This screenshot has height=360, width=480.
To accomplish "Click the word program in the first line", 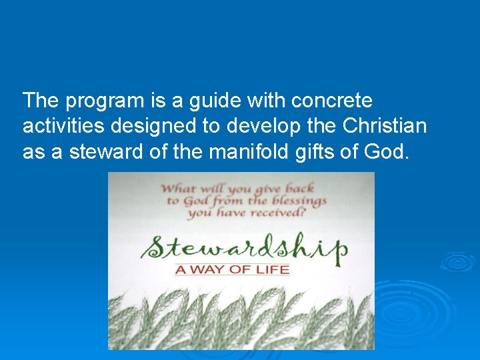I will (x=103, y=102).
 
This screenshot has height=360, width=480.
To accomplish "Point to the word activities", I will (x=62, y=127).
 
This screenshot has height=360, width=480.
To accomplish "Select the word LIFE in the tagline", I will (x=273, y=270).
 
